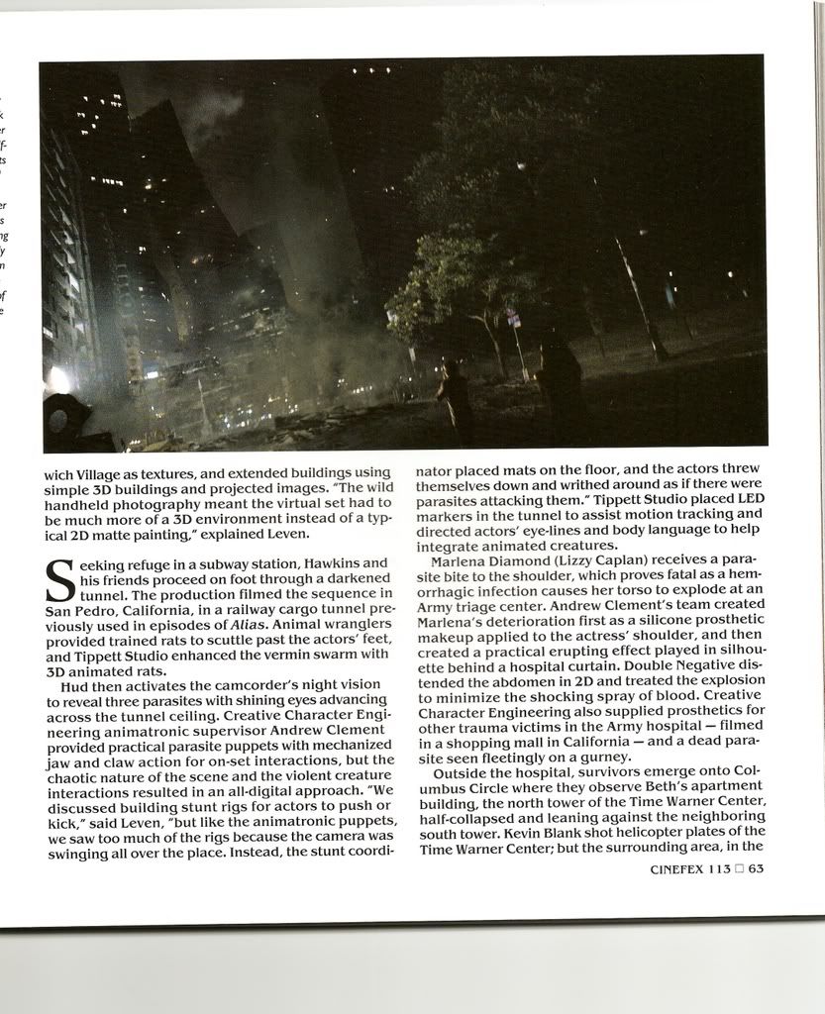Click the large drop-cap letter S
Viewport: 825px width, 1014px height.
(x=59, y=581)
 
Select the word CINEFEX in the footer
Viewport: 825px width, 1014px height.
(x=675, y=869)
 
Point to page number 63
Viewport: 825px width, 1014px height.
(x=756, y=869)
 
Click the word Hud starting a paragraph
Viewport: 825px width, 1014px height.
(x=75, y=686)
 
